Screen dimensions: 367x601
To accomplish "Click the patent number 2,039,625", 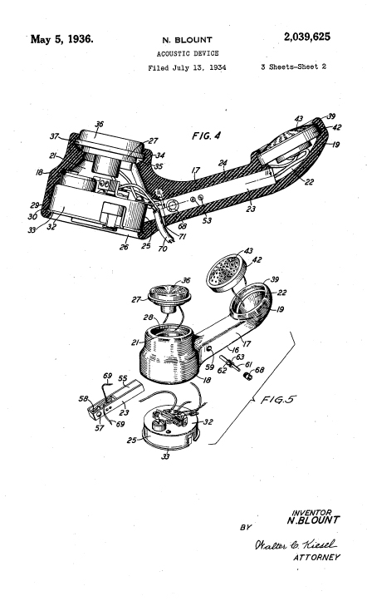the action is coord(306,37).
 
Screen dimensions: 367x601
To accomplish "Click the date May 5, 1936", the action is coord(61,39).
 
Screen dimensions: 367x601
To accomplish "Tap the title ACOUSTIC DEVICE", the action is coord(188,53).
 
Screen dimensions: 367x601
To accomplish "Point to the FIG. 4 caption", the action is coord(206,135).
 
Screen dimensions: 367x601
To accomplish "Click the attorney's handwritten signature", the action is coord(295,544).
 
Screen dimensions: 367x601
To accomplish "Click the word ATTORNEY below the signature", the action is coord(316,557).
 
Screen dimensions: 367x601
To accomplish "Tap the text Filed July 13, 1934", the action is coord(187,68).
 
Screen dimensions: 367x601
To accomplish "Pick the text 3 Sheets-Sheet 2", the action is coord(294,67).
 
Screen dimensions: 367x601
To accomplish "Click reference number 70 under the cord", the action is coord(163,249).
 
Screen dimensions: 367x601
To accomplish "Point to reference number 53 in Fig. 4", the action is coord(207,220).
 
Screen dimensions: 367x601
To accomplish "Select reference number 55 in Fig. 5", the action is coord(122,378).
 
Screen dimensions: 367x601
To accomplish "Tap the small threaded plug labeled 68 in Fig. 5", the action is coord(248,377).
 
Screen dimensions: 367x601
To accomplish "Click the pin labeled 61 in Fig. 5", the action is coord(230,362).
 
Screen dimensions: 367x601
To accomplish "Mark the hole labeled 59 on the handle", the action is coord(209,349).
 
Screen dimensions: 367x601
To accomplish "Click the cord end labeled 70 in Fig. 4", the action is coord(166,234).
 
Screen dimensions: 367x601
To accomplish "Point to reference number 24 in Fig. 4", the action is coord(223,163).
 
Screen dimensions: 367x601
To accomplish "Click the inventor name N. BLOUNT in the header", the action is coord(187,40).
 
